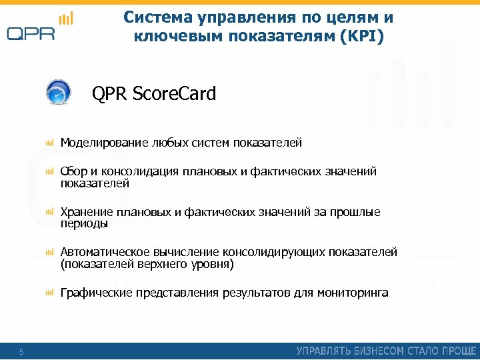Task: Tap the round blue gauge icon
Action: tap(59, 93)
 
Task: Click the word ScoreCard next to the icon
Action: tap(175, 94)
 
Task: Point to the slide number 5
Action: tap(21, 351)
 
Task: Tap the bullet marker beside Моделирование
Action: tap(49, 143)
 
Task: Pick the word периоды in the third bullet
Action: tap(84, 224)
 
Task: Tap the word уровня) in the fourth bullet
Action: tap(211, 265)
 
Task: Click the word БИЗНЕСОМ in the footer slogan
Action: tap(368, 351)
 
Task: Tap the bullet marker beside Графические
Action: tap(49, 293)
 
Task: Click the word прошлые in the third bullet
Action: tap(357, 213)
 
